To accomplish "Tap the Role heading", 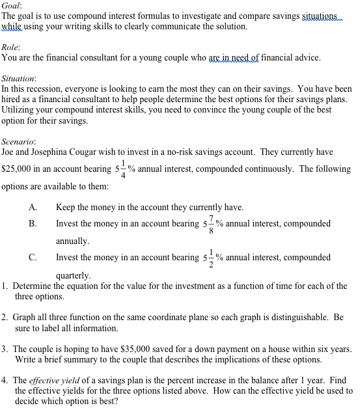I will (x=10, y=47).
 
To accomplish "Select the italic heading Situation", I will (x=18, y=77).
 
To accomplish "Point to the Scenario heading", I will (x=18, y=141).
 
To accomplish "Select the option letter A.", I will (x=33, y=208).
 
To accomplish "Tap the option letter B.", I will (x=33, y=224).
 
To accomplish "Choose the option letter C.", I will (x=33, y=258).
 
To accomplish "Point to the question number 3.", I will (x=5, y=349).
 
